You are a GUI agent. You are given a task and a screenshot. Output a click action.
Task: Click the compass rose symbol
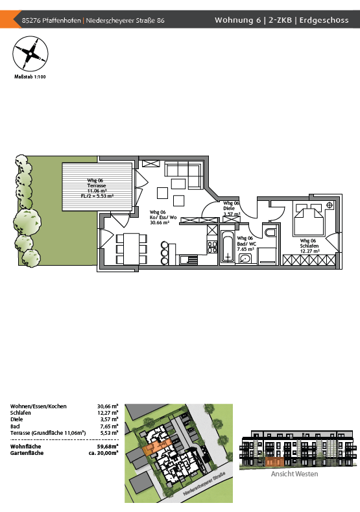(x=30, y=54)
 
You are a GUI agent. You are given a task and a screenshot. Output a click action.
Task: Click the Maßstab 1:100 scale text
(x=30, y=77)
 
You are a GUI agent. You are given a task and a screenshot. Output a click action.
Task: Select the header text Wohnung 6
(x=238, y=20)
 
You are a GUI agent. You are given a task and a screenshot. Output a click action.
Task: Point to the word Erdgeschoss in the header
(x=324, y=20)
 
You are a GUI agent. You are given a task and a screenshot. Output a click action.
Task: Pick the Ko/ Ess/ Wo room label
(x=163, y=218)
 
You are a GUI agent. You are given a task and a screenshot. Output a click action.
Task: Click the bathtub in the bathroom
(x=228, y=246)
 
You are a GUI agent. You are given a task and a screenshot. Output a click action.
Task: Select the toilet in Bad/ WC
(x=270, y=232)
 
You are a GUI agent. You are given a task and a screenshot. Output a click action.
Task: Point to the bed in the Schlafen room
(x=309, y=219)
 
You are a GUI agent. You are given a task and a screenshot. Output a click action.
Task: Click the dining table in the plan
(x=131, y=249)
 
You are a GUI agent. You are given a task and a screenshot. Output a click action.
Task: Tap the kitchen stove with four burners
(x=212, y=247)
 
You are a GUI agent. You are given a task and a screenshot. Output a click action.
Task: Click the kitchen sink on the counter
(x=189, y=260)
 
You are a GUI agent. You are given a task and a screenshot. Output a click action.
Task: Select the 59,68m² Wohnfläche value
(x=108, y=447)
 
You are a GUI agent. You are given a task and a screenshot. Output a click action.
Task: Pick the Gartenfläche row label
(x=27, y=453)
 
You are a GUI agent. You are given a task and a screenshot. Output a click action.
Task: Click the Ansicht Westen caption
(x=294, y=474)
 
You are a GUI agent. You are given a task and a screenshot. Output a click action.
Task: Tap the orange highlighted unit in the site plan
(x=156, y=447)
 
